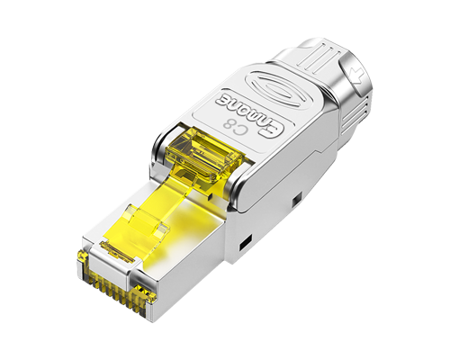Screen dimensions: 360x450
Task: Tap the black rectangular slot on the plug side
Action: [241, 242]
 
